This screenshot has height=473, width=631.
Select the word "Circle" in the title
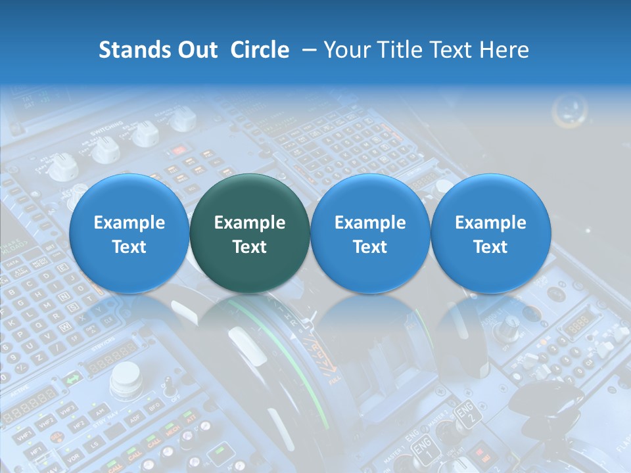tap(260, 50)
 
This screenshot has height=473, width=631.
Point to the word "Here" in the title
tap(504, 50)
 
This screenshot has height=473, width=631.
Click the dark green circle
tap(250, 233)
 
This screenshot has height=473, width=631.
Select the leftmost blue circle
tap(129, 233)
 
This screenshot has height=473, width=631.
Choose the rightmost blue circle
tap(490, 233)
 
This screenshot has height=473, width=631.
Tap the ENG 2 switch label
tap(465, 414)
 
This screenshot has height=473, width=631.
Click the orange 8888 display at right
tap(579, 324)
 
